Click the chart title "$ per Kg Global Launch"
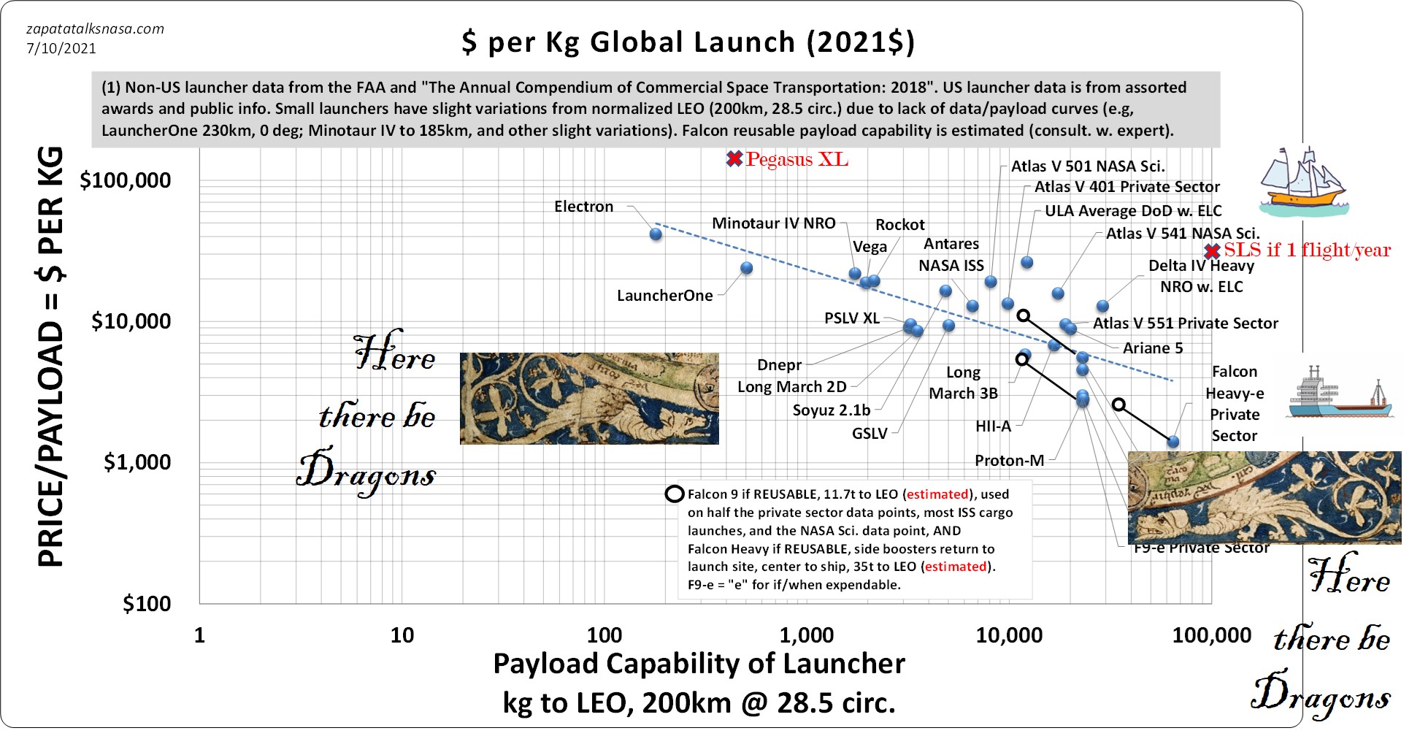pyautogui.click(x=688, y=42)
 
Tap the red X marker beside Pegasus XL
pyautogui.click(x=734, y=159)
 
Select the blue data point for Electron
pyautogui.click(x=656, y=234)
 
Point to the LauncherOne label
pyautogui.click(x=664, y=296)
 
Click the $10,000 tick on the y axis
pyautogui.click(x=131, y=321)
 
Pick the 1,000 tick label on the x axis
pyautogui.click(x=806, y=635)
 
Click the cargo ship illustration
pyautogui.click(x=1340, y=397)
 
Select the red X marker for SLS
pyautogui.click(x=1212, y=252)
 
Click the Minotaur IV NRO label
pyautogui.click(x=773, y=223)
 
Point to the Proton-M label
pyautogui.click(x=1009, y=461)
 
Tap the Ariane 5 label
pyautogui.click(x=1152, y=348)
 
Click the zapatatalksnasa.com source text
pyautogui.click(x=95, y=29)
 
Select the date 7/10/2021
pyautogui.click(x=61, y=49)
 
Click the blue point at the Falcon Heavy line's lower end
pyautogui.click(x=1172, y=442)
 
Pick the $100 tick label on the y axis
pyautogui.click(x=146, y=604)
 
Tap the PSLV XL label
pyautogui.click(x=851, y=318)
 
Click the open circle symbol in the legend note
pyautogui.click(x=674, y=494)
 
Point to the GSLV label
pyautogui.click(x=870, y=434)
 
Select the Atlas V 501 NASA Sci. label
pyautogui.click(x=1087, y=166)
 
